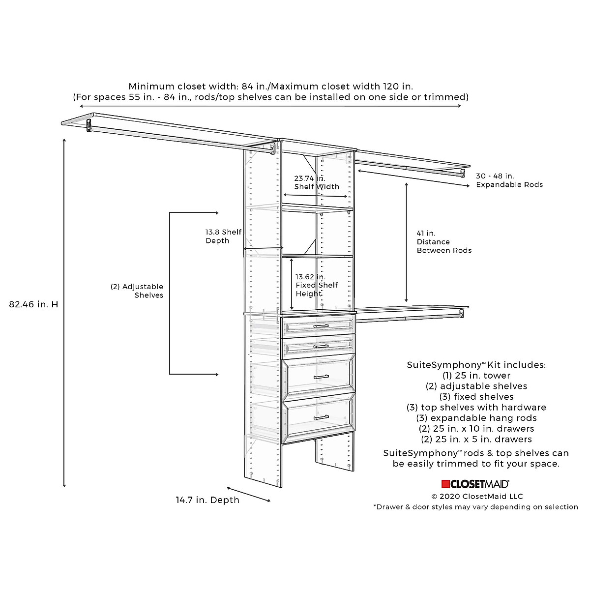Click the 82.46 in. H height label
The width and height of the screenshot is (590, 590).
33,304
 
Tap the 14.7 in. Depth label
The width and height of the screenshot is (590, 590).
207,500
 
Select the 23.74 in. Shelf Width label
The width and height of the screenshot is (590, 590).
317,182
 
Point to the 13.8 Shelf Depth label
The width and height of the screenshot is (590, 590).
223,236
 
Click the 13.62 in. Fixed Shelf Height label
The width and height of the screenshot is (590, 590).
316,285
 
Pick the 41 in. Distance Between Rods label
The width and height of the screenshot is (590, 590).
444,242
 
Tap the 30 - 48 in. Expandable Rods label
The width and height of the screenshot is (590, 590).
509,180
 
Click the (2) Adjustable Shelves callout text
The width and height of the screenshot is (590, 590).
137,291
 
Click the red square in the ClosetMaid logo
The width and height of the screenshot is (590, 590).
446,484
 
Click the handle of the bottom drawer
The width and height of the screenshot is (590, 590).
321,417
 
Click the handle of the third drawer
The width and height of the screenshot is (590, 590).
321,377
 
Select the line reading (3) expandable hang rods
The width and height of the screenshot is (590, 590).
476,418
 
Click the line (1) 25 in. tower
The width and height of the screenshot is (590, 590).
476,376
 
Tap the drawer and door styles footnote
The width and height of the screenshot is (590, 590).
475,507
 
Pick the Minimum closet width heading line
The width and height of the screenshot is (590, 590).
270,87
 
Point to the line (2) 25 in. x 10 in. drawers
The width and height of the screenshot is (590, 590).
476,429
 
